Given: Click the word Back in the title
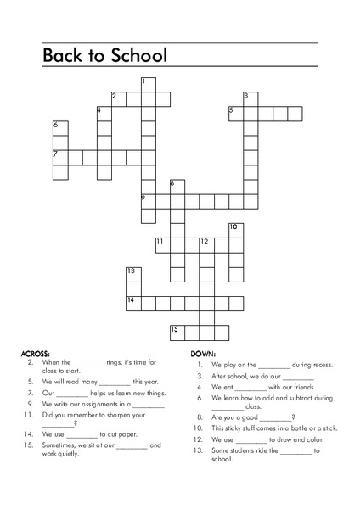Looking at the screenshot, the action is (x=64, y=55).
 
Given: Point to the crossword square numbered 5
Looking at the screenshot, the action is (x=235, y=113).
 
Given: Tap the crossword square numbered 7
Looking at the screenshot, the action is (x=60, y=157).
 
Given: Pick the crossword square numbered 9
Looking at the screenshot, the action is (x=148, y=201).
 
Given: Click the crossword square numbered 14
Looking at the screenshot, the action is (x=133, y=303).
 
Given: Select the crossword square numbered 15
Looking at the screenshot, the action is (x=177, y=332).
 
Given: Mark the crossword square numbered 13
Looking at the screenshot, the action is (x=133, y=274).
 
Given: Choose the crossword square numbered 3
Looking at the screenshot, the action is (x=250, y=98).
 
